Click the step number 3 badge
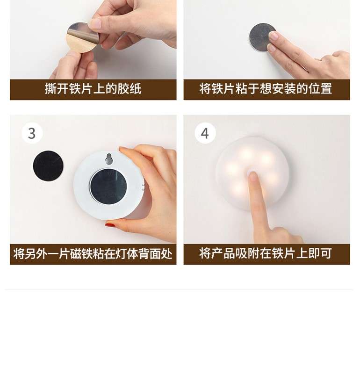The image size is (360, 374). (x=32, y=133)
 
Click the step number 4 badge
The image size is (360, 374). (x=205, y=133)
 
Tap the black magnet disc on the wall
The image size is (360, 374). (x=49, y=165)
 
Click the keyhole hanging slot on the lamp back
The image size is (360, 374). (x=109, y=159)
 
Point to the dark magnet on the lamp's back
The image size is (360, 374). (x=109, y=186)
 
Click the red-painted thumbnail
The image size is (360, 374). (x=110, y=225)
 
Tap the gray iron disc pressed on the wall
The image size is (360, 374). (x=261, y=37)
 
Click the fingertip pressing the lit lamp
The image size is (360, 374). (x=253, y=176)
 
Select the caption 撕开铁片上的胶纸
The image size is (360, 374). (x=93, y=89)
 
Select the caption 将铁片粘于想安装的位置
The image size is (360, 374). (x=266, y=89)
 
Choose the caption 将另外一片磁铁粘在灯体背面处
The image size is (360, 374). (x=93, y=254)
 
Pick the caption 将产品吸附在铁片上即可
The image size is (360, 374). (x=266, y=254)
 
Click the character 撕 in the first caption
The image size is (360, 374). (x=50, y=89)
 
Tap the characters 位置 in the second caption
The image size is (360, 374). (x=320, y=89)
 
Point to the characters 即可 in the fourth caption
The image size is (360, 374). (x=320, y=254)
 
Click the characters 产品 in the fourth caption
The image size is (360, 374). (x=223, y=254)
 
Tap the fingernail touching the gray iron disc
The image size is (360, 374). (x=274, y=36)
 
